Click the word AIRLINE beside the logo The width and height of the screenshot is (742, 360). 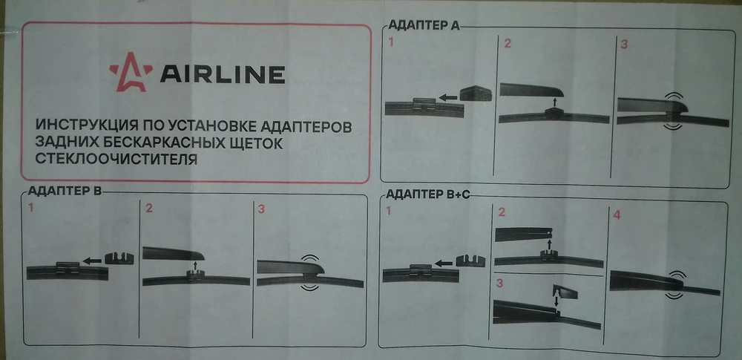(x=223, y=74)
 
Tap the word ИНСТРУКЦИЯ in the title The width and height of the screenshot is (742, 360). (x=85, y=126)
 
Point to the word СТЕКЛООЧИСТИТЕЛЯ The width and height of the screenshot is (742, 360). (x=116, y=159)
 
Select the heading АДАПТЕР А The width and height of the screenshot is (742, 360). (x=424, y=25)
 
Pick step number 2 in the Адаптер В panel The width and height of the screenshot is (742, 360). (x=149, y=208)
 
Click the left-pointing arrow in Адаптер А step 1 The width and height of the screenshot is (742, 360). (x=447, y=97)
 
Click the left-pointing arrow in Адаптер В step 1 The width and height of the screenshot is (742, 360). (x=92, y=260)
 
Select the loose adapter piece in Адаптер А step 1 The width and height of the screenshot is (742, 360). (x=476, y=93)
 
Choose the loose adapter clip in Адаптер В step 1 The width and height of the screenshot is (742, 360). (x=119, y=258)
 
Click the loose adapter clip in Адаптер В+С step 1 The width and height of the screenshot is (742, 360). (x=471, y=261)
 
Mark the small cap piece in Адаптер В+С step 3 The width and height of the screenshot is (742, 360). (x=565, y=292)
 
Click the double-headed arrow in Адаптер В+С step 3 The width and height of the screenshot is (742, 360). (x=556, y=302)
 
